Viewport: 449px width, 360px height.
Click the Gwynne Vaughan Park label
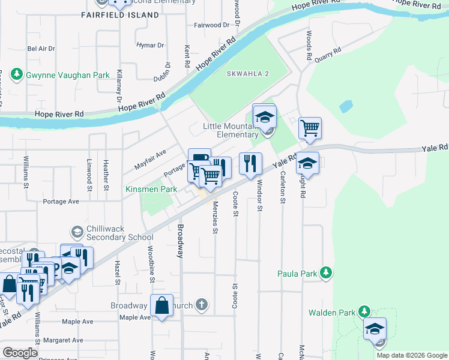[x=68, y=75]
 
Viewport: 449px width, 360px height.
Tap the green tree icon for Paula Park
[x=326, y=274]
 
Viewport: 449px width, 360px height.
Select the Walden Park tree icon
[x=364, y=312]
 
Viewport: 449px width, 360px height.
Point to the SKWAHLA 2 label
[x=248, y=73]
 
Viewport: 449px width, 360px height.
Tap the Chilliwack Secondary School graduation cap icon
[x=77, y=232]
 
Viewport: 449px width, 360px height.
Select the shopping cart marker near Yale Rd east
[x=310, y=128]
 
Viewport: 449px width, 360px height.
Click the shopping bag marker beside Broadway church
[x=162, y=305]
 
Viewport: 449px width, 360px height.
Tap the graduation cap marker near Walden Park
[x=375, y=329]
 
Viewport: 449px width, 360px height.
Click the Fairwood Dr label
[x=212, y=26]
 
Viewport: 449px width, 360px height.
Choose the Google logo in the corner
[x=20, y=353]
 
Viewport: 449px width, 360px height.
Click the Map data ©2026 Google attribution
[x=411, y=355]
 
